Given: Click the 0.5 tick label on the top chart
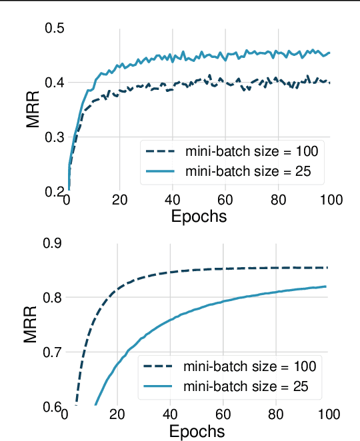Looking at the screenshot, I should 53,29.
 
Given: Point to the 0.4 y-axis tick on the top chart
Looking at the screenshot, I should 53,83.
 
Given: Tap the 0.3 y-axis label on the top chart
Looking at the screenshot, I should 53,137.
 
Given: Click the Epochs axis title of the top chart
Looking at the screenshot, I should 199,216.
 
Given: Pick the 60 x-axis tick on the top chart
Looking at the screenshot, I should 225,200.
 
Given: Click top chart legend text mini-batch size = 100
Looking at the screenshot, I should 251,151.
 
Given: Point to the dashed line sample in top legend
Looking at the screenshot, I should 161,151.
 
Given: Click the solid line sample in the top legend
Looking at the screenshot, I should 161,171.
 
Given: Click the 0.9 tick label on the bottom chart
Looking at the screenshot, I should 52,243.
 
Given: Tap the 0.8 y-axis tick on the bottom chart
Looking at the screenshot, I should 52,298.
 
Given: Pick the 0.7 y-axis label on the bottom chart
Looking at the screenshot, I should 52,352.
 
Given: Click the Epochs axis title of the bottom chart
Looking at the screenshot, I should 197,431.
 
